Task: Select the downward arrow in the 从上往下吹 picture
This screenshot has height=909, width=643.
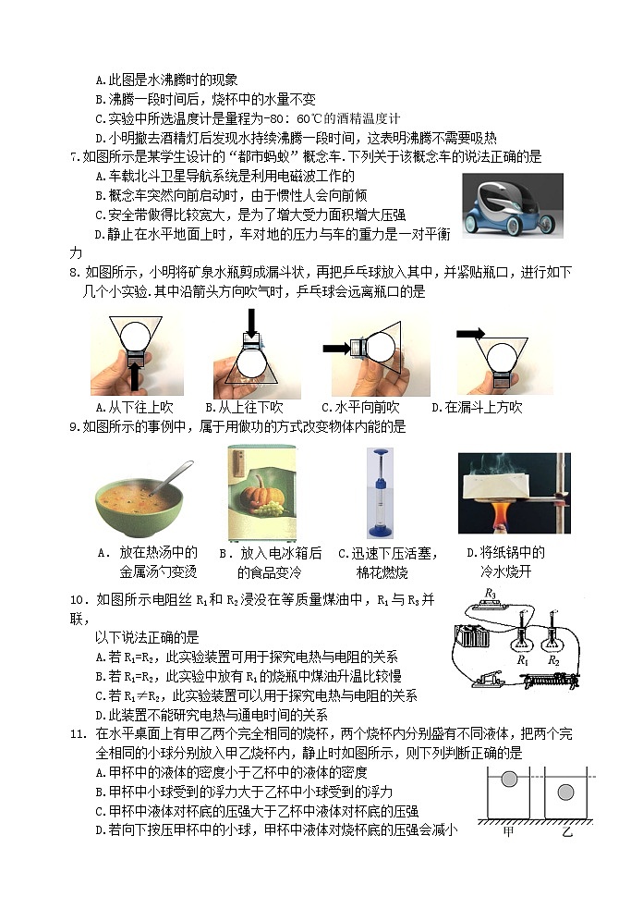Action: pos(250,322)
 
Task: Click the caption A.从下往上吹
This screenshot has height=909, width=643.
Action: pos(135,407)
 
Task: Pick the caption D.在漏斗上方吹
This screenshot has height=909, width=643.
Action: pos(478,407)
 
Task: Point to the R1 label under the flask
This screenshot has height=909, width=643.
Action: pos(522,660)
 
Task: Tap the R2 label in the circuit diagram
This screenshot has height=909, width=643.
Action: pos(553,660)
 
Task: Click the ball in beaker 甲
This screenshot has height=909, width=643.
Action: pos(508,780)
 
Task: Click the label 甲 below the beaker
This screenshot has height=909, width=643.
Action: pos(508,831)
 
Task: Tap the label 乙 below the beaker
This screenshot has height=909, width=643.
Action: pos(566,831)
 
